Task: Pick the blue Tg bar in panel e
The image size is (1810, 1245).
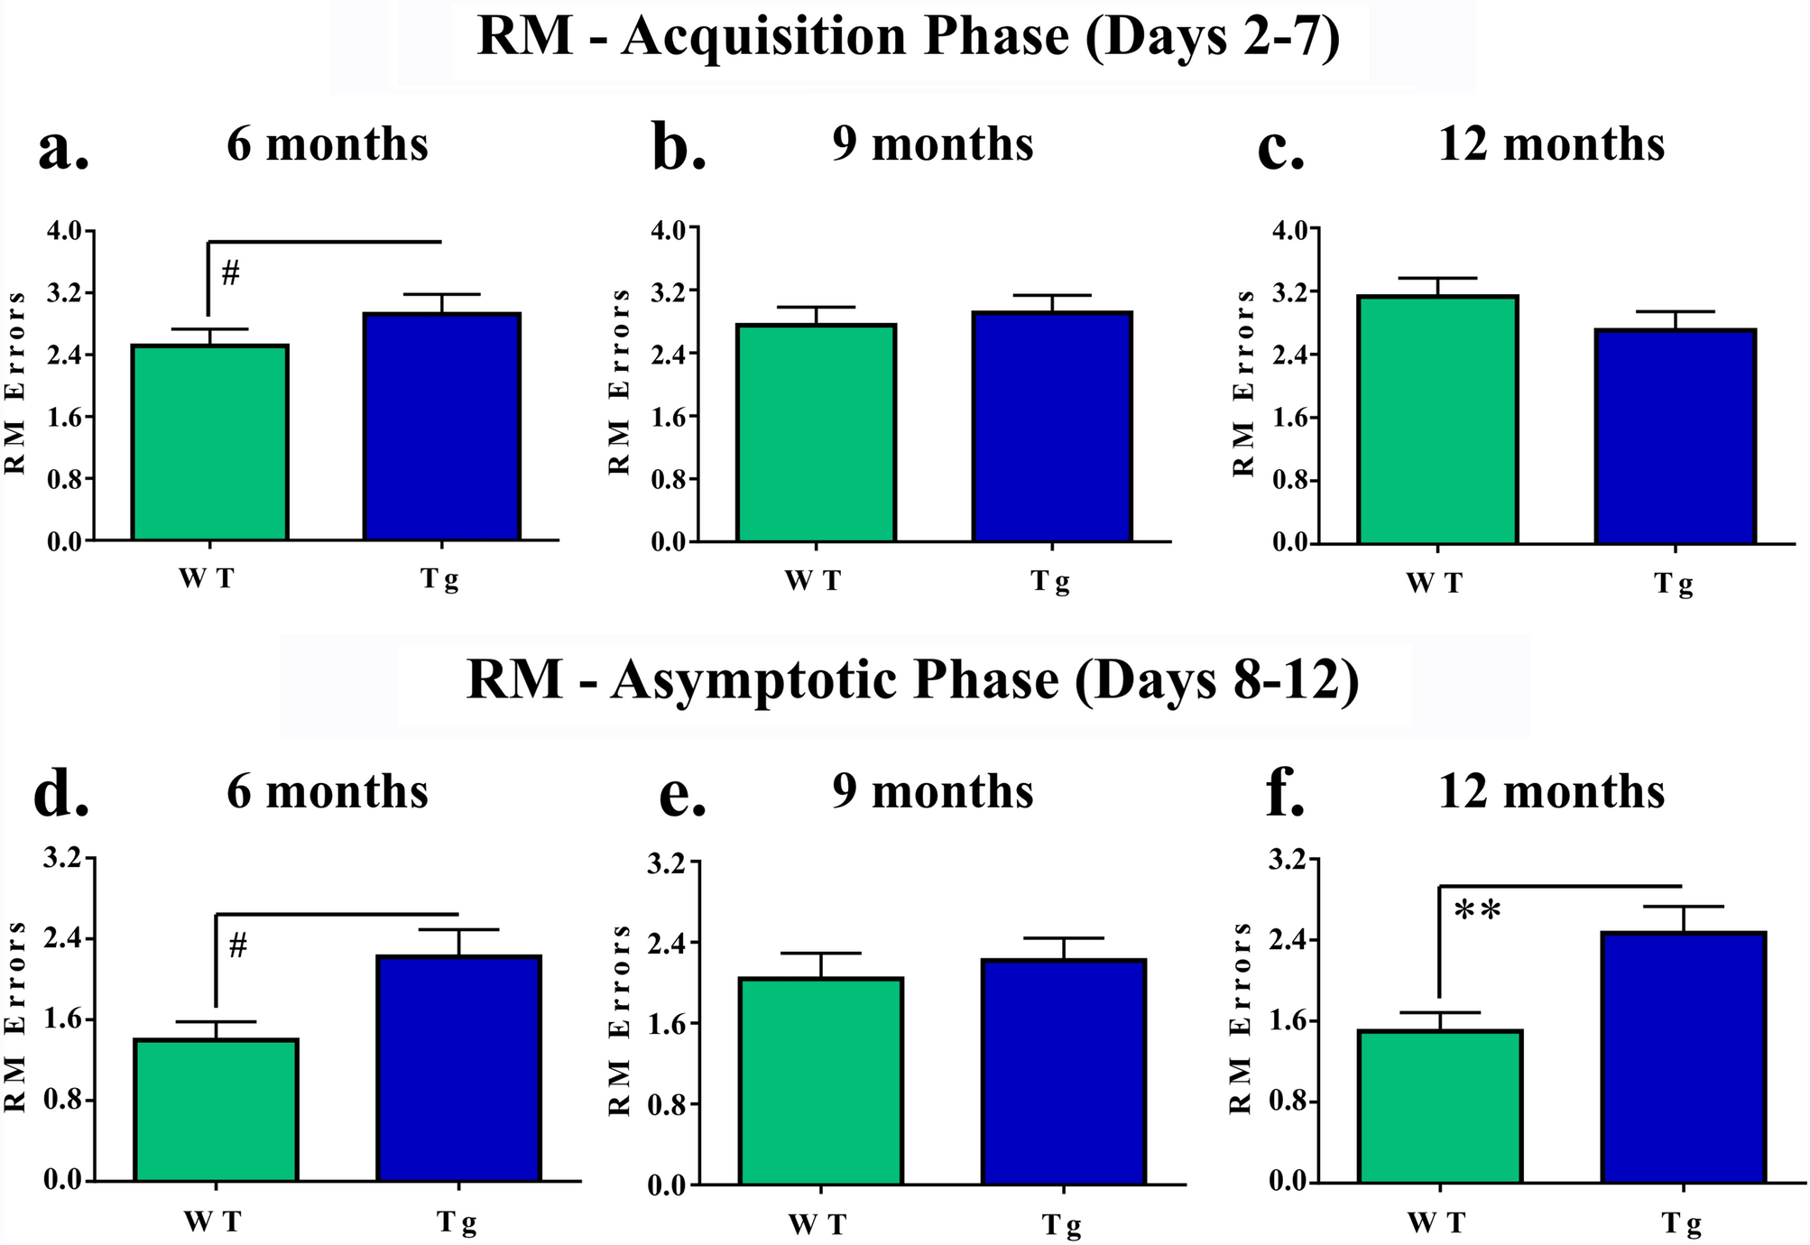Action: pos(1064,1071)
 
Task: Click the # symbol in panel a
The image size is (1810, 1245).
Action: pos(230,272)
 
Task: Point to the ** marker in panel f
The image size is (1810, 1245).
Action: pos(1478,911)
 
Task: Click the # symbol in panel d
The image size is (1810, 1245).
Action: pos(238,946)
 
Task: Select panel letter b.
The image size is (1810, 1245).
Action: pos(679,147)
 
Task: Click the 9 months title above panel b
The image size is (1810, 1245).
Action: pos(932,144)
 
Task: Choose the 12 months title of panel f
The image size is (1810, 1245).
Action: pos(1551,792)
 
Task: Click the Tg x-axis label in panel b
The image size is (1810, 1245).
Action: pos(1050,582)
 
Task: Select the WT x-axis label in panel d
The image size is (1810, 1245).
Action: pos(213,1222)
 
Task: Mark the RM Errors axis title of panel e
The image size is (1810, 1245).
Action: pos(619,1019)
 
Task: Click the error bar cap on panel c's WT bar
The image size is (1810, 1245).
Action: pos(1437,279)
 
